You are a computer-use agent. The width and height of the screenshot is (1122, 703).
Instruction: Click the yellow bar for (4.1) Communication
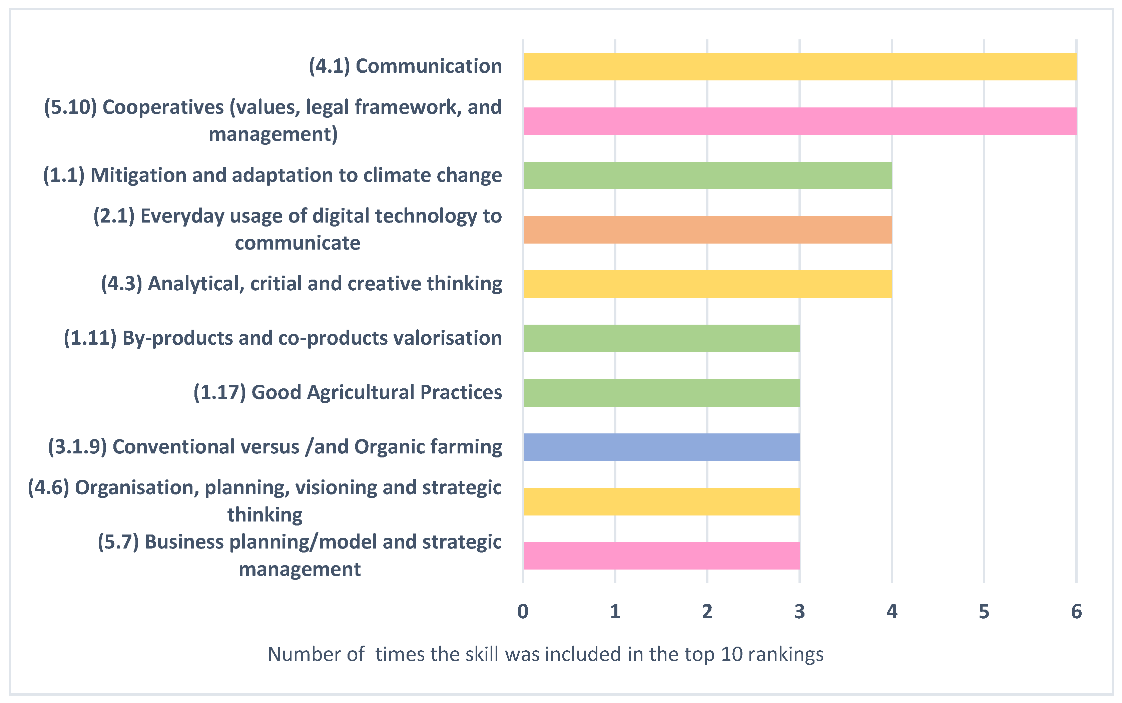click(799, 66)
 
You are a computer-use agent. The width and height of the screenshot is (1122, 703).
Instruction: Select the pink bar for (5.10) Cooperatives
click(799, 121)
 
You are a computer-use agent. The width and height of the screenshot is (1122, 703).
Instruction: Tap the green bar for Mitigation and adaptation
click(707, 175)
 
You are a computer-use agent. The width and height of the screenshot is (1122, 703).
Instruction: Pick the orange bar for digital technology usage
click(707, 230)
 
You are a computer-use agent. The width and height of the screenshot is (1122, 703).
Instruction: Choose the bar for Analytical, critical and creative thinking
click(707, 284)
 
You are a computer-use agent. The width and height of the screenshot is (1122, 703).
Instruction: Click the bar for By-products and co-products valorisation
click(661, 338)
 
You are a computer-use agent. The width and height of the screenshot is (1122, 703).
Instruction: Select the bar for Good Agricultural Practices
click(661, 393)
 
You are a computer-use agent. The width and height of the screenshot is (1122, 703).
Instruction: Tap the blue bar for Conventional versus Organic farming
click(661, 447)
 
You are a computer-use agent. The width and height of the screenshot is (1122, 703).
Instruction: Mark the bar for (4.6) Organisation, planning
click(661, 502)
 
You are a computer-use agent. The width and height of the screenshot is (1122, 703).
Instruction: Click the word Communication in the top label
click(429, 66)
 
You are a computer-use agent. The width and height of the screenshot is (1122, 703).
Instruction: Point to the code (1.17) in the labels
click(219, 392)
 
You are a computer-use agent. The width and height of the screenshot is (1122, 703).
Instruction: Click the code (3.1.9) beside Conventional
click(78, 447)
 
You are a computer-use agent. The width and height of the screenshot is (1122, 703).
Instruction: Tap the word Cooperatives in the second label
click(163, 107)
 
